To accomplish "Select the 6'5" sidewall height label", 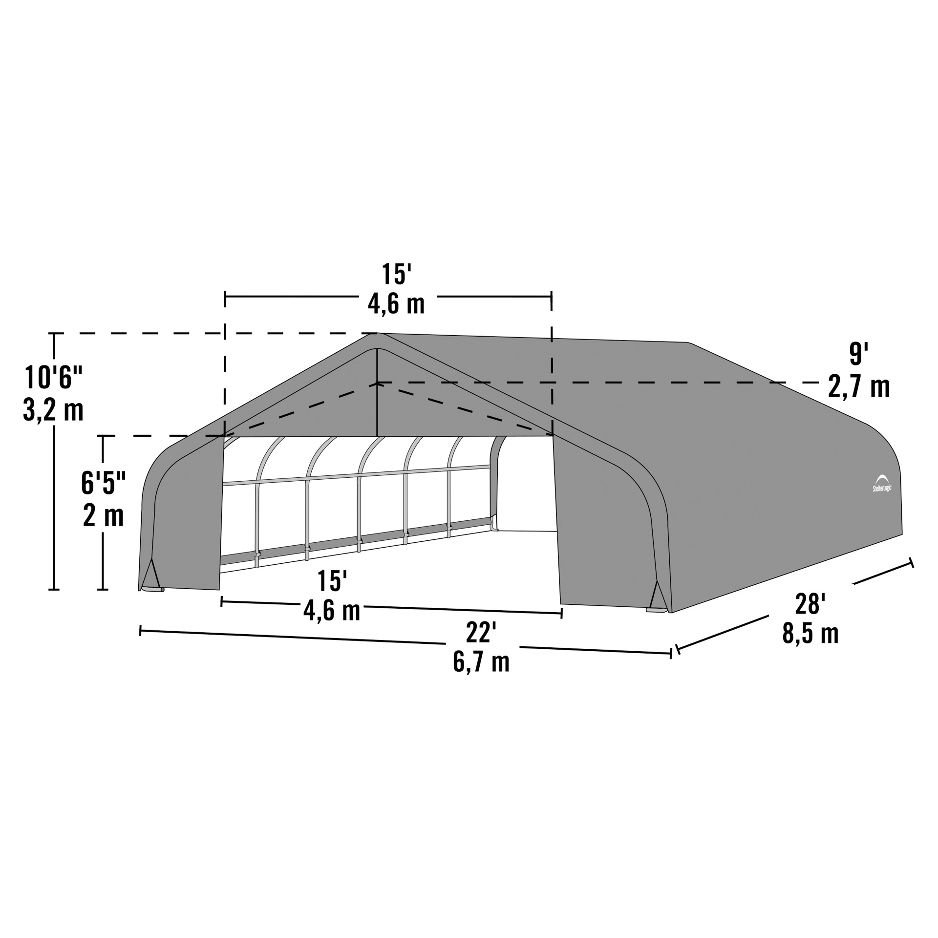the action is click(x=104, y=483).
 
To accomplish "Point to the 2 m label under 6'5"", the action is click(x=104, y=515).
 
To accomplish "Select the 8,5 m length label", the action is click(x=810, y=634).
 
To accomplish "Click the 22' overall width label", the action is click(x=481, y=634).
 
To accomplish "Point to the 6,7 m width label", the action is click(x=481, y=662).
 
